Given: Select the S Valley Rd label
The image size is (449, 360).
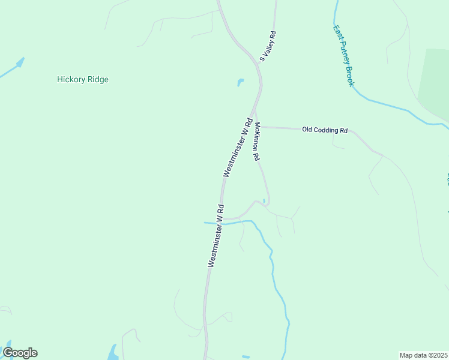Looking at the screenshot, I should click(x=267, y=47).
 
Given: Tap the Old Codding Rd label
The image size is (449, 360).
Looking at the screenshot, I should click(x=325, y=130).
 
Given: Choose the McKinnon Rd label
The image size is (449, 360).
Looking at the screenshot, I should click(x=256, y=141).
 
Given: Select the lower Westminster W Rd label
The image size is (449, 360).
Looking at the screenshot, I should click(x=216, y=235).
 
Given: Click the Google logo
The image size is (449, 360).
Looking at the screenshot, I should click(x=20, y=353).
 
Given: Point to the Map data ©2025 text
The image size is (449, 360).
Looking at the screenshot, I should click(x=423, y=355).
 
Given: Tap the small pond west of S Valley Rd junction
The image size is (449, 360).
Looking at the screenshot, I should click(x=241, y=82).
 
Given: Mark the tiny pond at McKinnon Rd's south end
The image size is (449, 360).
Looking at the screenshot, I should click(x=264, y=201).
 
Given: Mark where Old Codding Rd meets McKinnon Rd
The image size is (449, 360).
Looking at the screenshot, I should click(x=256, y=127).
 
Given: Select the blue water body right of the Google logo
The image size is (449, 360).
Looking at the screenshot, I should click(x=112, y=352).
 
